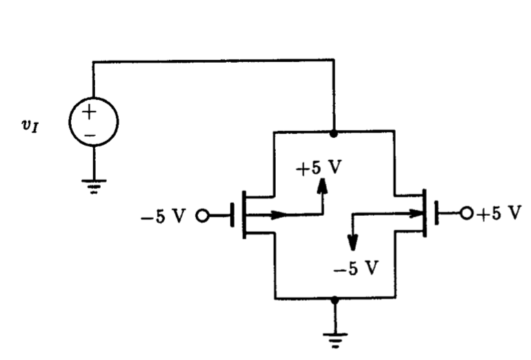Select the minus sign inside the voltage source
(93, 134)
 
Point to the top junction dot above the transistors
(334, 131)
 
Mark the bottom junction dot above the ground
(334, 299)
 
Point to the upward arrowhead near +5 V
(321, 186)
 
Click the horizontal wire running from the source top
(214, 61)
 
